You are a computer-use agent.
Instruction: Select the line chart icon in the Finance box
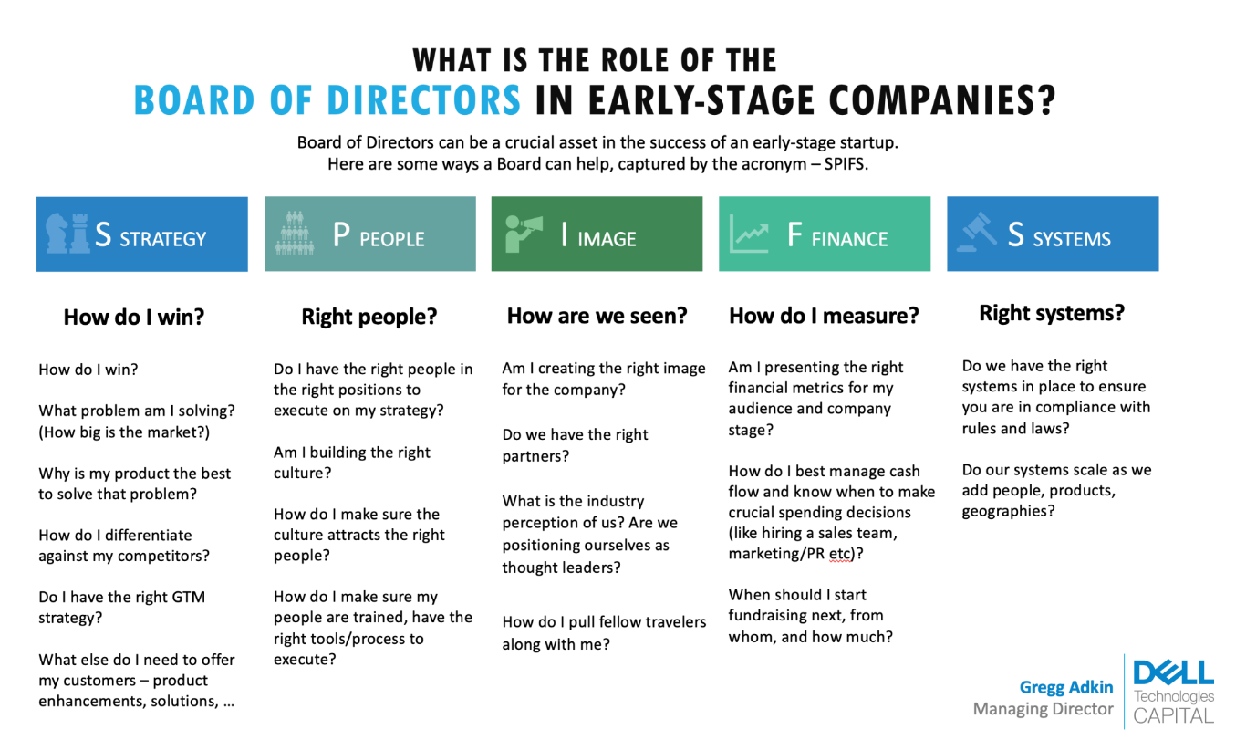coord(749,234)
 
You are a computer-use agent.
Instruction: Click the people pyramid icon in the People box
coord(295,234)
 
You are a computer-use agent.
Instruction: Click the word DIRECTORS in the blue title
coord(424,100)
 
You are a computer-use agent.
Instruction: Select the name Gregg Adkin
coord(1065,688)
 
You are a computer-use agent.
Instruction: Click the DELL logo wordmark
coord(1174,672)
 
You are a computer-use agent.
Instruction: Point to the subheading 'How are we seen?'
coord(597,316)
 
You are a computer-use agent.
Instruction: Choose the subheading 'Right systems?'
coord(1052,313)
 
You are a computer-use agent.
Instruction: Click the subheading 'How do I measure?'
coord(824,316)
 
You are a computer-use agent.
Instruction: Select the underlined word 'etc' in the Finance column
coord(839,554)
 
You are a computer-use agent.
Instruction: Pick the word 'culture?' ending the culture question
coord(302,474)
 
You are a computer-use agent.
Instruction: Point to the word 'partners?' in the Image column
coord(535,457)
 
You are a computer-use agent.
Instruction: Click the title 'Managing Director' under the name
coord(1043,709)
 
